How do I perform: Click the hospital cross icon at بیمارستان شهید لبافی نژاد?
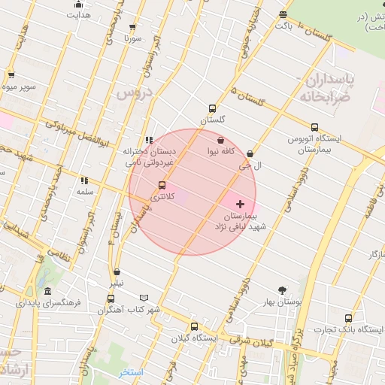tap(241, 204)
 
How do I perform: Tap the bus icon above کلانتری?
tap(162, 185)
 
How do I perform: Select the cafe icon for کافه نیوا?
tap(220, 140)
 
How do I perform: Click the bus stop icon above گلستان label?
tap(212, 108)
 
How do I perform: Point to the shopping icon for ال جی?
tap(250, 153)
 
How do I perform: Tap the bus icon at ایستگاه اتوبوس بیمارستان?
tap(314, 128)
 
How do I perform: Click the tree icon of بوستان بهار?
tap(283, 290)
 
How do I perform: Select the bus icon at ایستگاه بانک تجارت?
tap(347, 318)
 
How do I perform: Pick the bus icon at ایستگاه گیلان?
tap(194, 326)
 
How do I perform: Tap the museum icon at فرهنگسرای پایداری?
tap(48, 292)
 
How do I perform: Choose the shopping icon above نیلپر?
tap(117, 272)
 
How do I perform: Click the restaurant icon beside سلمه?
tap(84, 180)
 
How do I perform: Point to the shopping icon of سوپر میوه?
tap(11, 75)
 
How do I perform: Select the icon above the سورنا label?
tap(133, 26)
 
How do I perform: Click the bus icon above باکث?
tap(283, 14)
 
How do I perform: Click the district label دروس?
tap(134, 92)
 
